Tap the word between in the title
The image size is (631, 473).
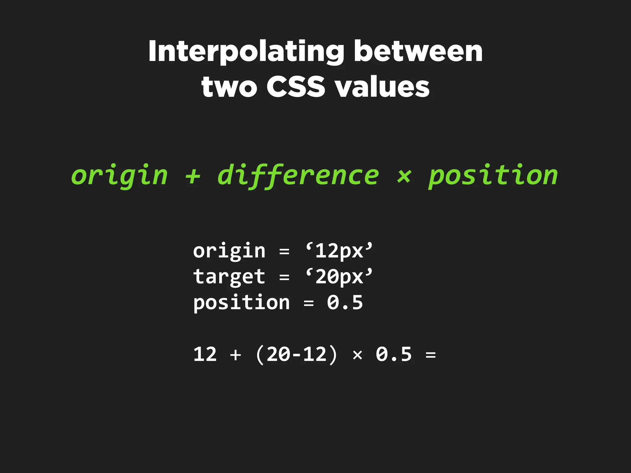418,52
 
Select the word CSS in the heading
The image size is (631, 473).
295,87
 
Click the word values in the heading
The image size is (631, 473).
382,87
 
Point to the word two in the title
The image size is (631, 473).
229,87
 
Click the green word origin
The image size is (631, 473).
120,176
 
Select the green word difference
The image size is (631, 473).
298,176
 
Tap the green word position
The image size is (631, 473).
493,176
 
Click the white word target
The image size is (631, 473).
229,277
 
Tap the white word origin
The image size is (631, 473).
229,251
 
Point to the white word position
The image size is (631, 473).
241,303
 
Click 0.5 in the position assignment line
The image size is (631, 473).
345,302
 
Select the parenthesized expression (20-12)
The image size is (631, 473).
296,354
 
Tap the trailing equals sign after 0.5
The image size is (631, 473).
430,355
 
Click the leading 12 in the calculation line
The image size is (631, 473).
205,354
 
